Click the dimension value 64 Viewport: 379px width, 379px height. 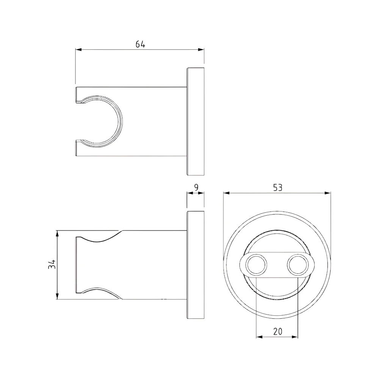(140, 44)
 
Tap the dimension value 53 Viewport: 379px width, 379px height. (277, 187)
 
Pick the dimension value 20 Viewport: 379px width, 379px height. (277, 331)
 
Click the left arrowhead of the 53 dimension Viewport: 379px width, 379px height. (226, 193)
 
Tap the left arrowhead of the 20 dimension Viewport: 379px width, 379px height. (259, 337)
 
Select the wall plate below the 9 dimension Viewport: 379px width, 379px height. (196, 265)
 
